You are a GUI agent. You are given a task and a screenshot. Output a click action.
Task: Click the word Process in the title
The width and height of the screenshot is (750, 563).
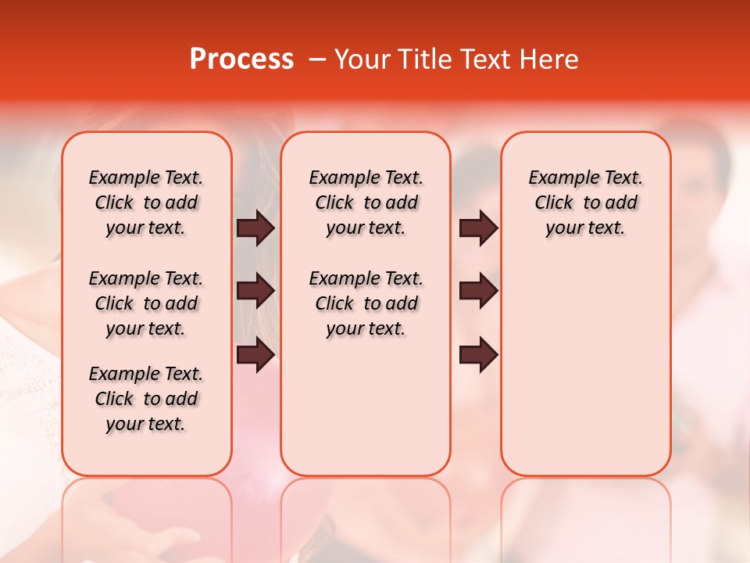(x=241, y=59)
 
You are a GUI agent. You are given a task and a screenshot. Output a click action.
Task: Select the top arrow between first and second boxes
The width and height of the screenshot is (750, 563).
(x=255, y=228)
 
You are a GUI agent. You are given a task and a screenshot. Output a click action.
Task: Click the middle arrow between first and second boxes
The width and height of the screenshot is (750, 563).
(x=255, y=291)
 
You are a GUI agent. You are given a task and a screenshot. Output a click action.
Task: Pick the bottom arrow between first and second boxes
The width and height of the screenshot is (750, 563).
(x=255, y=355)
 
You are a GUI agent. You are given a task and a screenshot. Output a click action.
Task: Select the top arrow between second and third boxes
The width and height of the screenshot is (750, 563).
(x=478, y=228)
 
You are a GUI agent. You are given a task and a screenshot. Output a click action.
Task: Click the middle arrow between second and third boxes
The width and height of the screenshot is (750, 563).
(x=478, y=291)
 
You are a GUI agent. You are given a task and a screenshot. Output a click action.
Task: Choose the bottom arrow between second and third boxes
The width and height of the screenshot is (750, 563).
(x=478, y=355)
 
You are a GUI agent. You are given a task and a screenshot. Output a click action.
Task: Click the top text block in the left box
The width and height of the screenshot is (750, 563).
(x=146, y=203)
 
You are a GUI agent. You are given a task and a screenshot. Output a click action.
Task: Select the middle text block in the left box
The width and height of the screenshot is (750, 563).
(x=146, y=303)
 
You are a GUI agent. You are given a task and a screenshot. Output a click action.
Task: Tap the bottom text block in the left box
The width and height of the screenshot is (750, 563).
(x=146, y=399)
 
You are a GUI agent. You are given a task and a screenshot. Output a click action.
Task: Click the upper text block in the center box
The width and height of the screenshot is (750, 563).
(x=366, y=203)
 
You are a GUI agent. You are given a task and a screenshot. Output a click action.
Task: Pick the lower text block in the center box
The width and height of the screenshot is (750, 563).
(x=366, y=303)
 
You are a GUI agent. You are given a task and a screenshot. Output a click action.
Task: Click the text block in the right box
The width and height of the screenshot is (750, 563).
(x=585, y=203)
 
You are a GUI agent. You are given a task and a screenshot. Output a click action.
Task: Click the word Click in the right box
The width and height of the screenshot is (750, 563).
(x=554, y=203)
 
